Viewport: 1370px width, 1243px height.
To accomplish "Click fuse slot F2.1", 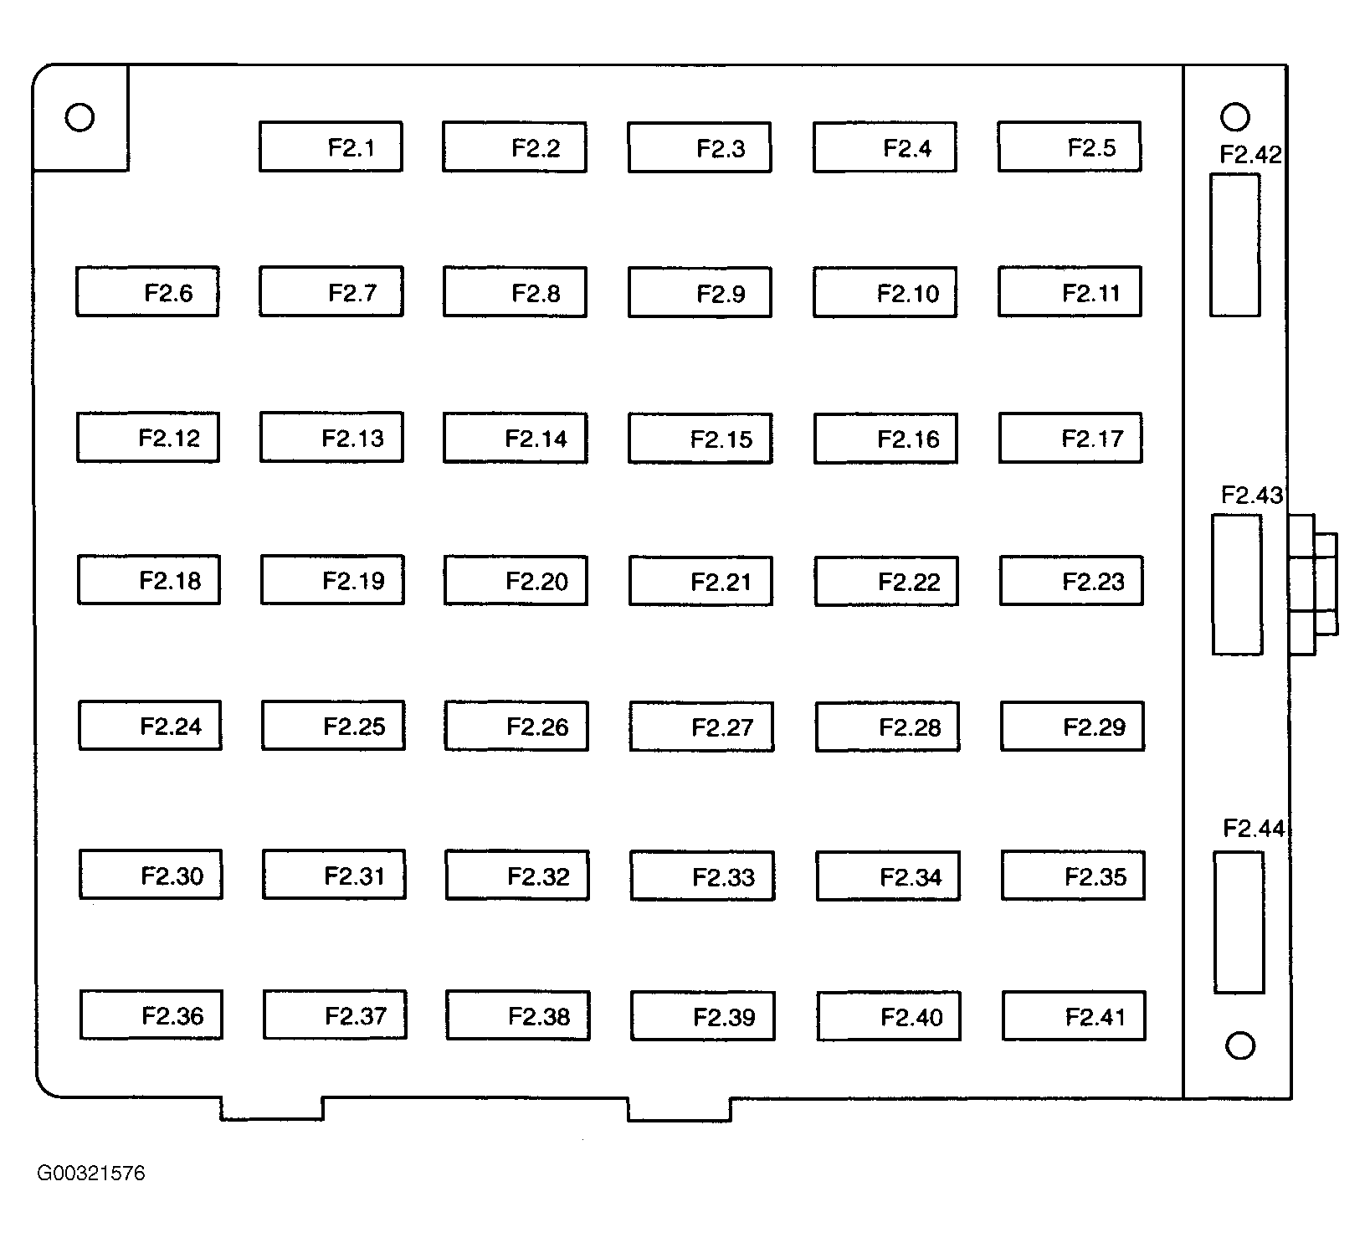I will coord(331,146).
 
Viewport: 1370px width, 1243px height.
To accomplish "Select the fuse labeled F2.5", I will coord(1069,146).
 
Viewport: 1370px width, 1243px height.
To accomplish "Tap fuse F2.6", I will coord(147,291).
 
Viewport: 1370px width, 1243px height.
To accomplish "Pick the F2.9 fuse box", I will coord(700,292).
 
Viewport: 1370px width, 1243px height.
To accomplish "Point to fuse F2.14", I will coord(515,438).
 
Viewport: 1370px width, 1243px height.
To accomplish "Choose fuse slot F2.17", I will coord(1070,437).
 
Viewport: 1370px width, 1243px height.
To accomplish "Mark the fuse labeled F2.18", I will coord(149,579).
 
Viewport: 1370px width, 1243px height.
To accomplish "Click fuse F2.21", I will coord(700,581).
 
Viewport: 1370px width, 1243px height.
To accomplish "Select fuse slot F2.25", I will coord(333,725).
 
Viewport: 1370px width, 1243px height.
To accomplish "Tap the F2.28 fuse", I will coord(887,727).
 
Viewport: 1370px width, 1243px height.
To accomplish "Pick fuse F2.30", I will coord(151,875).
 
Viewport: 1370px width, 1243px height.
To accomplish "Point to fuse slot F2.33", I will coord(702,876).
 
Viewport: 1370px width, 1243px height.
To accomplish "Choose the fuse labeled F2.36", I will coord(151,1014).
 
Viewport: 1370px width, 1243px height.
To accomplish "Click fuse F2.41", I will coord(1074,1016).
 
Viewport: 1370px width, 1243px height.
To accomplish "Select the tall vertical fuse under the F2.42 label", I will coord(1234,245).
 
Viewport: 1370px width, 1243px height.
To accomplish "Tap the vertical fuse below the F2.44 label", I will coord(1239,922).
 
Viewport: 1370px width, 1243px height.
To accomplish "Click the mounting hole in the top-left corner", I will coord(80,117).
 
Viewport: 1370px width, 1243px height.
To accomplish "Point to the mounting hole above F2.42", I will coord(1235,116).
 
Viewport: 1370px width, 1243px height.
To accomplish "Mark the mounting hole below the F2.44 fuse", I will coord(1239,1045).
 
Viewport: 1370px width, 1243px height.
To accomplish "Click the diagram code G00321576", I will coord(90,1173).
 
